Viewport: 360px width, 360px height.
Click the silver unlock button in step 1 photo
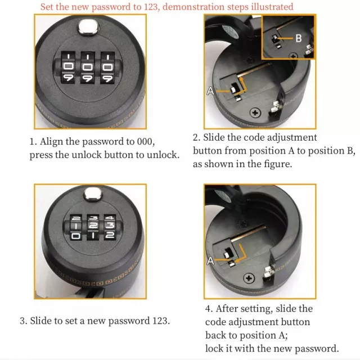pos(89,28)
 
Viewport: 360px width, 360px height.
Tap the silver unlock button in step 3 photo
pos(92,194)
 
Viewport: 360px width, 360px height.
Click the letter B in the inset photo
pos(299,38)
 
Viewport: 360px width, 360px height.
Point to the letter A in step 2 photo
pos(210,91)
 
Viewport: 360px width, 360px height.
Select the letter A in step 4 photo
pos(210,261)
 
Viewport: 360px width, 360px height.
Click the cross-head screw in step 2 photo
pos(255,112)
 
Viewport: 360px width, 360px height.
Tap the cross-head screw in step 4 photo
pos(249,278)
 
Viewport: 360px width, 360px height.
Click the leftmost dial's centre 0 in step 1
pos(69,67)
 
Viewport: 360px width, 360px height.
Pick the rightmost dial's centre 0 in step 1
pos(107,67)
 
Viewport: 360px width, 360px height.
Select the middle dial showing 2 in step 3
pos(93,225)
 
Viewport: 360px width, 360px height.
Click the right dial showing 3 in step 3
pos(110,225)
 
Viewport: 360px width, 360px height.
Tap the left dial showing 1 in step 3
pos(76,226)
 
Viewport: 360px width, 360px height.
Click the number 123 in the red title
pos(151,7)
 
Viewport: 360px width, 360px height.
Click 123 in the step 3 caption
pos(160,321)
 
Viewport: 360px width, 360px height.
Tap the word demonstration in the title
pos(193,7)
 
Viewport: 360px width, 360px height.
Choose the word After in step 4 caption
pos(226,309)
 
